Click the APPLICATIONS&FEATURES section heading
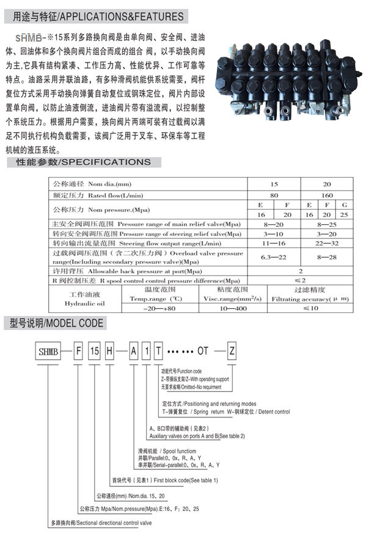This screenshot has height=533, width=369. [x=98, y=15]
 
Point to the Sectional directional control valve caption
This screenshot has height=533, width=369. [x=101, y=523]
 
